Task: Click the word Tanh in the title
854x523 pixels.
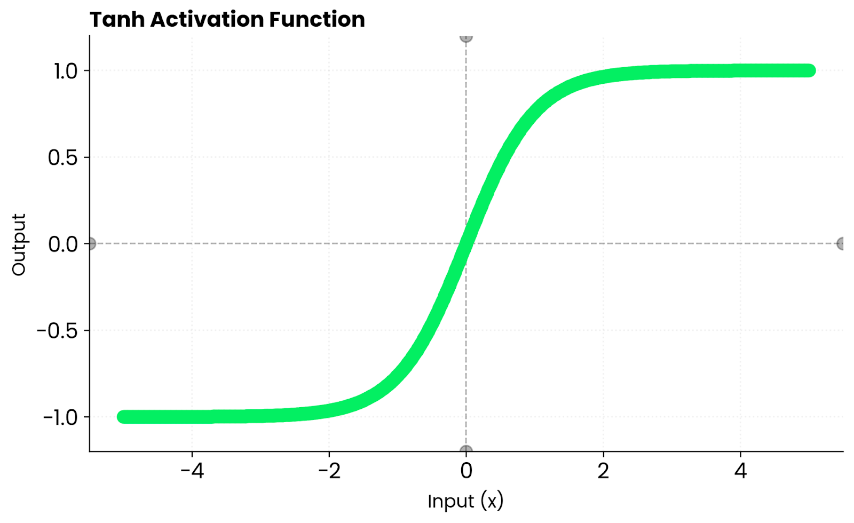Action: (117, 20)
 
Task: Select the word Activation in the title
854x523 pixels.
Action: (207, 20)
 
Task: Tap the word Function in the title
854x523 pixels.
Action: (317, 20)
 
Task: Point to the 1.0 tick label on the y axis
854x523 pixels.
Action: (65, 71)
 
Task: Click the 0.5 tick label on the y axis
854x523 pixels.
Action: (63, 157)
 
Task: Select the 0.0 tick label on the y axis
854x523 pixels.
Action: (63, 244)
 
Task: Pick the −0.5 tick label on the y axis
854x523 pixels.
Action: (57, 331)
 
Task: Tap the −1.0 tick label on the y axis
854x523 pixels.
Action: (60, 417)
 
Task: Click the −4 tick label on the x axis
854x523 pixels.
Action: (192, 471)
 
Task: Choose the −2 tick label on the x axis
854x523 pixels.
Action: (329, 471)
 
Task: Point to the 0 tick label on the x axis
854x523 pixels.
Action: (466, 471)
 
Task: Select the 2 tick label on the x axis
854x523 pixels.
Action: (603, 471)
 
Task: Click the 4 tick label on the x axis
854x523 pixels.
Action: (740, 471)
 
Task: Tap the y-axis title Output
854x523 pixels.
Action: (19, 244)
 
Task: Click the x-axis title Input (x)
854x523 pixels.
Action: (465, 502)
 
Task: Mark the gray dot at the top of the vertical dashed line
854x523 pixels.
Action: (466, 37)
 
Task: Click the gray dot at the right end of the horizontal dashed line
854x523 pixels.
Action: (842, 244)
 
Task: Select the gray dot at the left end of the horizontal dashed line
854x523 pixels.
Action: (91, 244)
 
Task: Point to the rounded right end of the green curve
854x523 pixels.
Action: (809, 70)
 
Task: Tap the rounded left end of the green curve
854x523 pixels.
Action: (124, 417)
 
